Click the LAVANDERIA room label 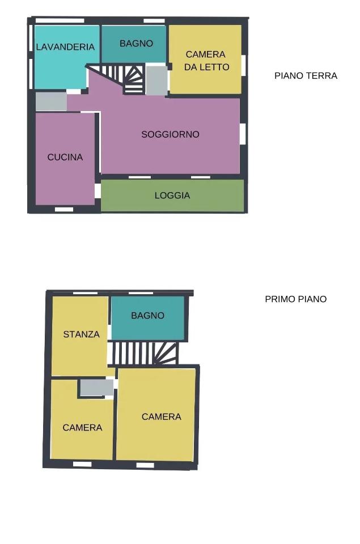(x=65, y=47)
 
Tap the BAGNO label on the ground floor (x=137, y=44)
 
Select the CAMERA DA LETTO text (x=206, y=61)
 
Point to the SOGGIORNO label (x=170, y=134)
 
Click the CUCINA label (x=65, y=157)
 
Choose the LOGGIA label (x=172, y=195)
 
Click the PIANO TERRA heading (x=306, y=75)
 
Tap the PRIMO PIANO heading (x=296, y=299)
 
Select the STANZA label (x=81, y=334)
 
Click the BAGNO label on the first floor (x=147, y=316)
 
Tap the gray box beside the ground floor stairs (x=157, y=80)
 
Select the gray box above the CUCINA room (x=52, y=101)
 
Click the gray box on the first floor (x=96, y=387)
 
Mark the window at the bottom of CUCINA (x=64, y=209)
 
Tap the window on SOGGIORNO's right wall (x=243, y=134)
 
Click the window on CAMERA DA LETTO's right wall (x=244, y=65)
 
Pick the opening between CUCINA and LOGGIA (x=98, y=190)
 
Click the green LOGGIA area (x=172, y=195)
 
